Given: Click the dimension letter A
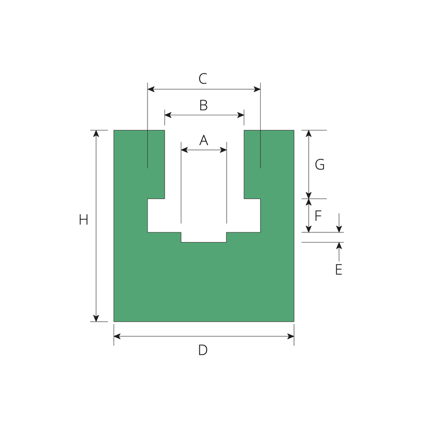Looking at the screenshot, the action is coord(204,140).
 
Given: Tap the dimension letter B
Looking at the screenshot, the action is coord(204,106).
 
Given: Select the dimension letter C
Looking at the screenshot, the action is coord(203,79).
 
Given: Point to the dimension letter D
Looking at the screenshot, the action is coord(203,350).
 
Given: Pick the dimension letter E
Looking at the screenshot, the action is coord(339,270).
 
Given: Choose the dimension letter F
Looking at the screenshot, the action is coord(318,216).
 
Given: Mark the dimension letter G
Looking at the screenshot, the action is coord(319,165).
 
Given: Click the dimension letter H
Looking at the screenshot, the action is coord(84,219).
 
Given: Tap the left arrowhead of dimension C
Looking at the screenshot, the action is coord(151,89).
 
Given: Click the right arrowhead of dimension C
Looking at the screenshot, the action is coord(257,89).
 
